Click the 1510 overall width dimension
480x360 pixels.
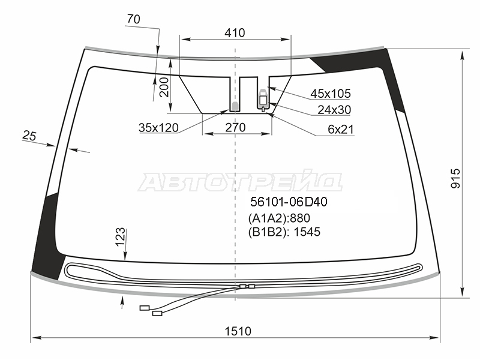click(x=238, y=331)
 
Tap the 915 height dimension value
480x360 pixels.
click(x=455, y=178)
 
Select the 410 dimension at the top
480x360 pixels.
click(x=235, y=33)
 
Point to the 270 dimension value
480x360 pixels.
click(x=235, y=127)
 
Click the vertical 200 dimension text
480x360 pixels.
click(x=164, y=87)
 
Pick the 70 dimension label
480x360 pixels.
click(x=133, y=19)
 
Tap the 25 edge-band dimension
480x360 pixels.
click(x=29, y=136)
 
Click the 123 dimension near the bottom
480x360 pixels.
click(x=121, y=236)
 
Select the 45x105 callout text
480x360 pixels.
click(x=331, y=94)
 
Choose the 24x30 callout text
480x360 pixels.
click(x=334, y=110)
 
